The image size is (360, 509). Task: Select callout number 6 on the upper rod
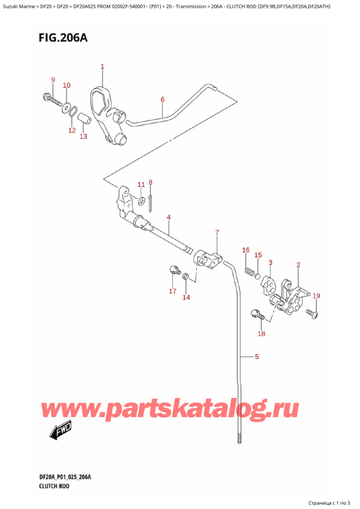[162, 99]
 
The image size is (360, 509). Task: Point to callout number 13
[83, 137]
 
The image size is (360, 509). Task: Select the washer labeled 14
[185, 276]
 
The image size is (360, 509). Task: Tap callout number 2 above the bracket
[298, 265]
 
